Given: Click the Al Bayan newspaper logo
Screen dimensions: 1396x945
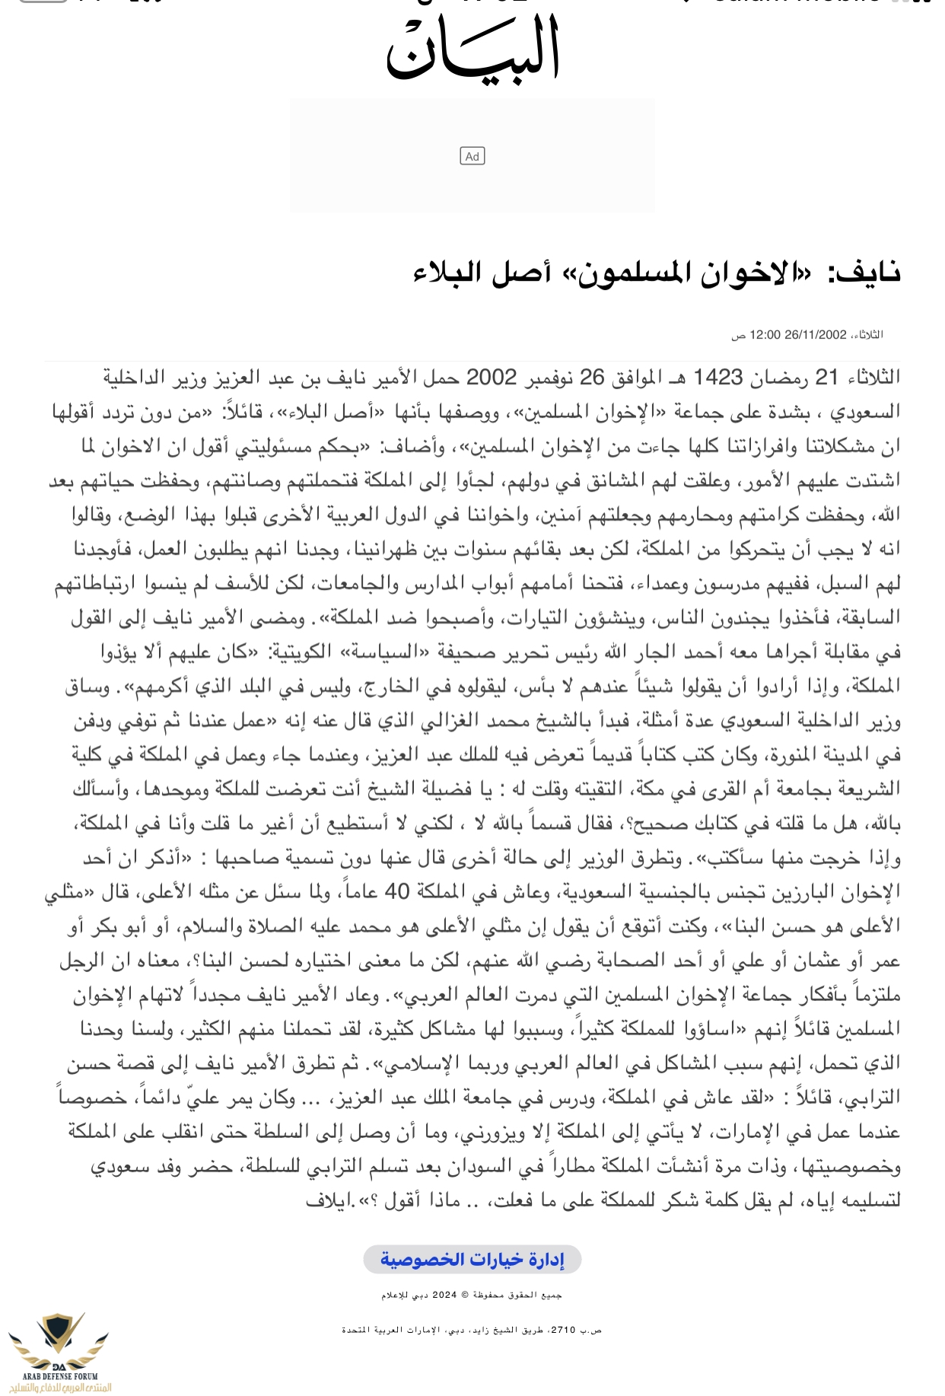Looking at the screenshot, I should pyautogui.click(x=473, y=47).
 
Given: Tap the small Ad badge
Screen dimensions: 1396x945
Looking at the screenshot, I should pyautogui.click(x=473, y=156).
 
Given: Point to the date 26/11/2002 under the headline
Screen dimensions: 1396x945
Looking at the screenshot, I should pyautogui.click(x=816, y=335).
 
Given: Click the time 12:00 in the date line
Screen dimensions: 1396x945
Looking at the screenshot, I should pyautogui.click(x=765, y=335).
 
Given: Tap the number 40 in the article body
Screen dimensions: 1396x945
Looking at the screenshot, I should pyautogui.click(x=397, y=892).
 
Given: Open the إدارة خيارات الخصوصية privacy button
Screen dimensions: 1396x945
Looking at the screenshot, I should pyautogui.click(x=473, y=1260).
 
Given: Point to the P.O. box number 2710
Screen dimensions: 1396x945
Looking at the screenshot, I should pyautogui.click(x=563, y=1329).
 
